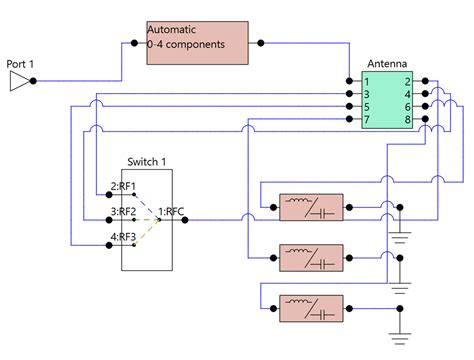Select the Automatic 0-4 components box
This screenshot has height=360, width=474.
(196, 43)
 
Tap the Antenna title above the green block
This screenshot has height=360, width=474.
(386, 63)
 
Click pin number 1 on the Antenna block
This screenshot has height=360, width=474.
(368, 80)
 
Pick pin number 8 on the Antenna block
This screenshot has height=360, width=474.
(408, 120)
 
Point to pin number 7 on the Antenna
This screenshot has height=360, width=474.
(368, 120)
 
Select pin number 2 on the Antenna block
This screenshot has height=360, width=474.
(408, 80)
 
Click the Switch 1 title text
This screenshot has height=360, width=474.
(146, 161)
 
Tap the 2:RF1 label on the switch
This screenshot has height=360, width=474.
(124, 186)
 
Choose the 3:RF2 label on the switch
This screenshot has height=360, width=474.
(124, 211)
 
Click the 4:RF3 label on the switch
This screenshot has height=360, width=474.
(124, 236)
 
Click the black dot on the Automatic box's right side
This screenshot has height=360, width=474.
(260, 43)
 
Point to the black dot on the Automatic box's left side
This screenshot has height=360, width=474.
(133, 43)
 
